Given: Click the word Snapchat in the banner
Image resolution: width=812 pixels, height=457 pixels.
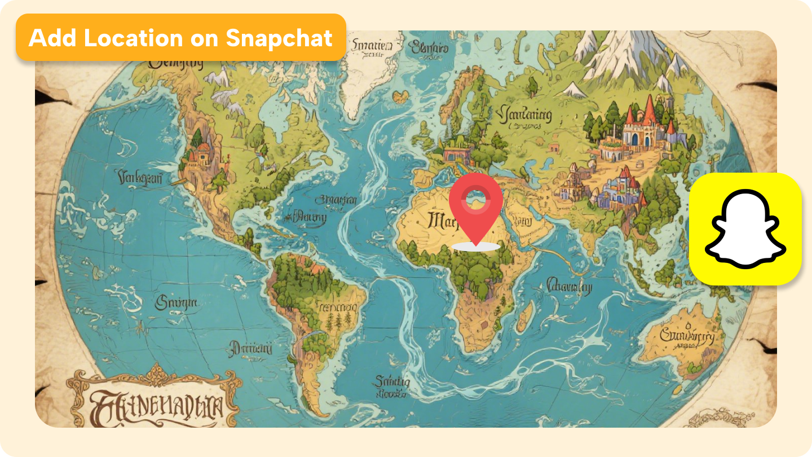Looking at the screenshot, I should point(279,38).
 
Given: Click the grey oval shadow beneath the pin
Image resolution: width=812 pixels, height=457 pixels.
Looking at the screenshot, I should point(476,247).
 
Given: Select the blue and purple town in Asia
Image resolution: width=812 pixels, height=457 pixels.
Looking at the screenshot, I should point(617,189).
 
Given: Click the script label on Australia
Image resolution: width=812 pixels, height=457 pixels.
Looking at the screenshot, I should point(685,337).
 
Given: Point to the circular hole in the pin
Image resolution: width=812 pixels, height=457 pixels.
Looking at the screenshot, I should point(476,197).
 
